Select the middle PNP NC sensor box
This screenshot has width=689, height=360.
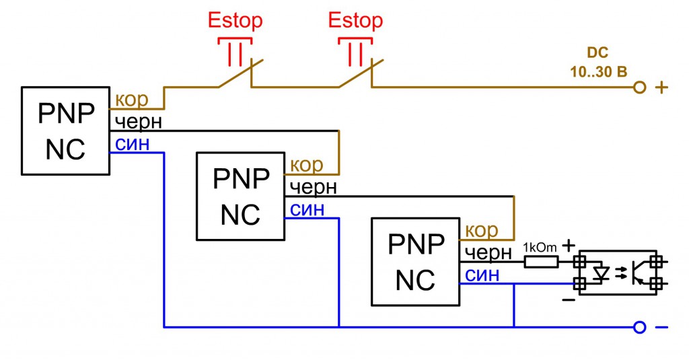coord(240,196)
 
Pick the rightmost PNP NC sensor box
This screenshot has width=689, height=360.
coord(415,261)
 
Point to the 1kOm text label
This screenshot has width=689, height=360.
coord(540,248)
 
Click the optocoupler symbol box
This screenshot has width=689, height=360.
coord(618,273)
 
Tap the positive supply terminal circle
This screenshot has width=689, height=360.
coord(640,87)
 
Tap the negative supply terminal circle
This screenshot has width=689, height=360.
coord(640,328)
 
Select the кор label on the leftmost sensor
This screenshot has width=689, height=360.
coord(132,100)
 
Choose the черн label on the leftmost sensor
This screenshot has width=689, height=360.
coord(139,122)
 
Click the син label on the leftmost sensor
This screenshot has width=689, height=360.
coord(133,143)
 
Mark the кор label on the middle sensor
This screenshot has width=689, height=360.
coord(307,165)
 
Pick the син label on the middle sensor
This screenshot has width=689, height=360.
coord(307,209)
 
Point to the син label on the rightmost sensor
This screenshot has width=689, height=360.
coord(482,275)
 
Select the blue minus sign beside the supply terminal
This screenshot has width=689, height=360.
coord(662,328)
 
